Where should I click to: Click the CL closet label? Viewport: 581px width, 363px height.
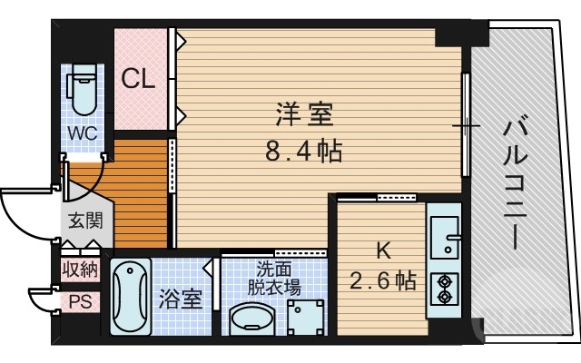pyautogui.click(x=139, y=80)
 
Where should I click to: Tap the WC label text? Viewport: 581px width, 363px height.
pyautogui.click(x=84, y=133)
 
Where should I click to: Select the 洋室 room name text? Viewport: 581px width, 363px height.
pyautogui.click(x=305, y=116)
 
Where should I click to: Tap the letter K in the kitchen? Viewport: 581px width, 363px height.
pyautogui.click(x=385, y=250)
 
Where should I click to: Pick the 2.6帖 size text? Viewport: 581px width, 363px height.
pyautogui.click(x=383, y=280)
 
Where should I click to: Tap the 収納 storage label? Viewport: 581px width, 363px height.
pyautogui.click(x=80, y=269)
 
